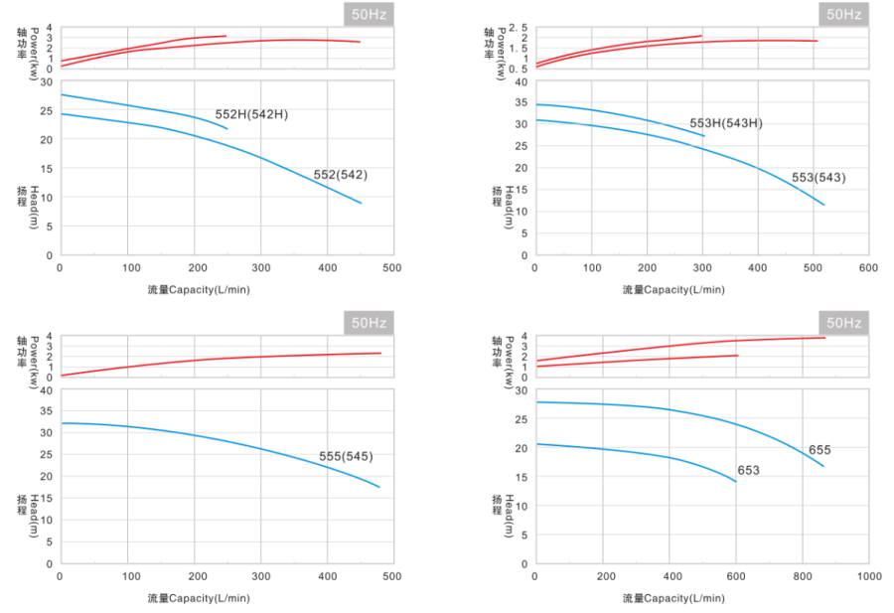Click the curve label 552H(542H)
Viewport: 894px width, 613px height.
pyautogui.click(x=251, y=114)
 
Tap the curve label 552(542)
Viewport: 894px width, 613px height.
pyautogui.click(x=340, y=175)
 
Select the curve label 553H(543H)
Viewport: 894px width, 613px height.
pyautogui.click(x=726, y=123)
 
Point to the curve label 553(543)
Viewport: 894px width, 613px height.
pyautogui.click(x=818, y=178)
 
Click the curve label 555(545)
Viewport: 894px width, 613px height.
pyautogui.click(x=346, y=457)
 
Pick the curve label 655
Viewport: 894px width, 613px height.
pyautogui.click(x=819, y=450)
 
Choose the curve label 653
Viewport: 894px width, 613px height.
pyautogui.click(x=748, y=470)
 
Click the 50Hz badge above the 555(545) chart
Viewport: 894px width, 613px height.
pyautogui.click(x=367, y=323)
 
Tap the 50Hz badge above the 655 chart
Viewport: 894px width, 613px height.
pyautogui.click(x=843, y=323)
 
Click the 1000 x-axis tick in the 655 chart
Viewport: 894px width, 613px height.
pyautogui.click(x=869, y=576)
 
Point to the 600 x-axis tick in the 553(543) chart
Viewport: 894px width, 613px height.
pyautogui.click(x=868, y=268)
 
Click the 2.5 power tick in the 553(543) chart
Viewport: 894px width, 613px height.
pyautogui.click(x=517, y=27)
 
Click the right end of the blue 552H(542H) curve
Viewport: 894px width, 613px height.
pyautogui.click(x=227, y=129)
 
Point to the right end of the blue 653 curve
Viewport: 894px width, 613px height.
pyautogui.click(x=736, y=482)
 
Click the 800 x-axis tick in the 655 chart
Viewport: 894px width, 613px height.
pyautogui.click(x=802, y=576)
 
